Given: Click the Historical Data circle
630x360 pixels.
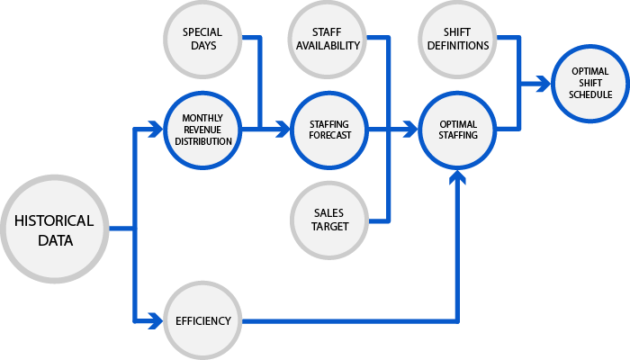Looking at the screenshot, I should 53,229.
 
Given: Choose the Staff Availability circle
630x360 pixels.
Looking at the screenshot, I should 328,39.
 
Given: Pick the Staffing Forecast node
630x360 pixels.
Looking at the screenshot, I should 329,130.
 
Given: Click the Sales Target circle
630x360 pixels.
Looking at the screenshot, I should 329,219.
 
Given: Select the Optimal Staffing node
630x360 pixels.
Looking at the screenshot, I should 457,130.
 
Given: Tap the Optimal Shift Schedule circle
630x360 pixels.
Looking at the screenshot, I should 590,83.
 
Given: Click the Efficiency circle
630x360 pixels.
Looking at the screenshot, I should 202,320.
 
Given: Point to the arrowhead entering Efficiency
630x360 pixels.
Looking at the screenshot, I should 155,320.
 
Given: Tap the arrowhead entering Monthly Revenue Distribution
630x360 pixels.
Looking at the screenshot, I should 156,130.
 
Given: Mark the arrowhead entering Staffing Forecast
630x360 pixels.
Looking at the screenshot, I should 283,130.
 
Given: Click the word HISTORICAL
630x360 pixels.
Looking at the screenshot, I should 53,220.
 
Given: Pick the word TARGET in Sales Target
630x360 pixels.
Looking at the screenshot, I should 329,226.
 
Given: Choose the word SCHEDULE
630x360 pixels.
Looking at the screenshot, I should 590,94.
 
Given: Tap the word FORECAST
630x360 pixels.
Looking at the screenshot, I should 329,136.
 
